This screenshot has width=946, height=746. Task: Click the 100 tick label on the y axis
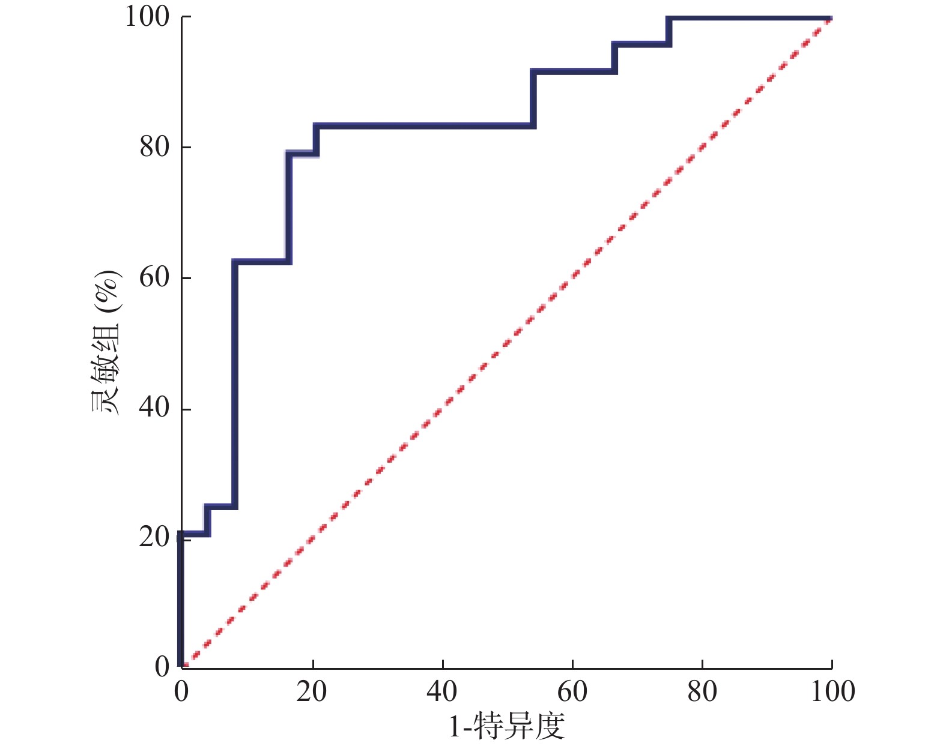(x=148, y=17)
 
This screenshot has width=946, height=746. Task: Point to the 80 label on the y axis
(x=155, y=147)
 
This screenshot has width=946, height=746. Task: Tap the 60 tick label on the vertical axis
(x=155, y=278)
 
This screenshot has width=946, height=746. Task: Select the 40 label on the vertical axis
(x=155, y=408)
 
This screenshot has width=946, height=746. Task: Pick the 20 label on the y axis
(x=155, y=537)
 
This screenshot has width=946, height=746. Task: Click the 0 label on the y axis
(x=163, y=667)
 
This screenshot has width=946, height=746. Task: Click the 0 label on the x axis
(x=181, y=691)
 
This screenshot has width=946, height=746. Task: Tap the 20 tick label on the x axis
(x=312, y=691)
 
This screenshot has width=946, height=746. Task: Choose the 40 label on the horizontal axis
(x=442, y=691)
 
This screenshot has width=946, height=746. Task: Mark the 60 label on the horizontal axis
(x=572, y=691)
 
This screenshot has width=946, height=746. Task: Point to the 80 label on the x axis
(x=702, y=691)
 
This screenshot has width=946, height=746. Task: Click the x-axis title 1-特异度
(x=507, y=727)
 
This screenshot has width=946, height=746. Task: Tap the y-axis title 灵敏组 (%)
(x=106, y=344)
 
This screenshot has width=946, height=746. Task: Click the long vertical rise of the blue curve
(x=234, y=384)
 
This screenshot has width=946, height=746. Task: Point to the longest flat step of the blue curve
(x=423, y=125)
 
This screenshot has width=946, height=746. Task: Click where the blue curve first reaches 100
(x=669, y=19)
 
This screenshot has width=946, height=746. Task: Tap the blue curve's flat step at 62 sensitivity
(x=262, y=262)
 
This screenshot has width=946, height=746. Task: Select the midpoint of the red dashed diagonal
(x=507, y=343)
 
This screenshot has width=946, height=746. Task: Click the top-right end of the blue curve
(x=831, y=19)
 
